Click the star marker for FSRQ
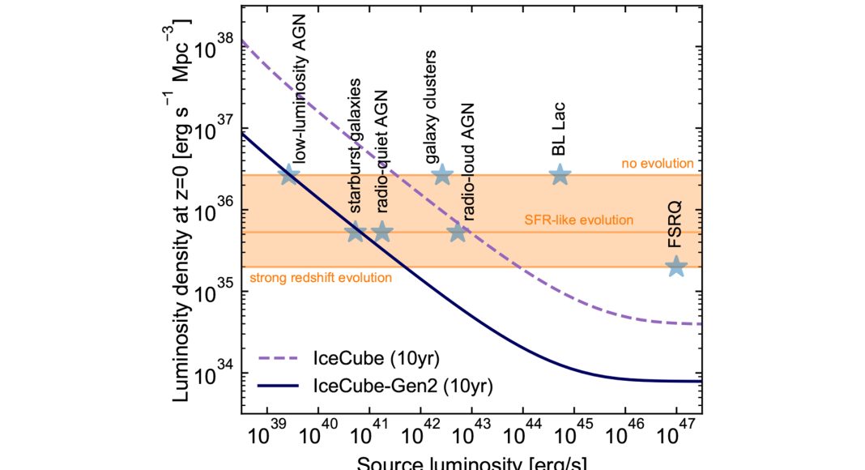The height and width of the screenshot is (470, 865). (676, 266)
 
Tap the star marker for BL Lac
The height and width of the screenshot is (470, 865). (560, 174)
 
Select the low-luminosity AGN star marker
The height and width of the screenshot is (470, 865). (289, 174)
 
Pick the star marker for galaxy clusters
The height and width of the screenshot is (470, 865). (441, 174)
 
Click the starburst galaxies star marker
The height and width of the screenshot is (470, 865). (356, 232)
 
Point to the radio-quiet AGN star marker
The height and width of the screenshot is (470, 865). (382, 232)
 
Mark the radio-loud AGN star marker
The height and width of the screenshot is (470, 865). (458, 232)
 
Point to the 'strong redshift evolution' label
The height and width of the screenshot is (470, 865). (321, 278)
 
